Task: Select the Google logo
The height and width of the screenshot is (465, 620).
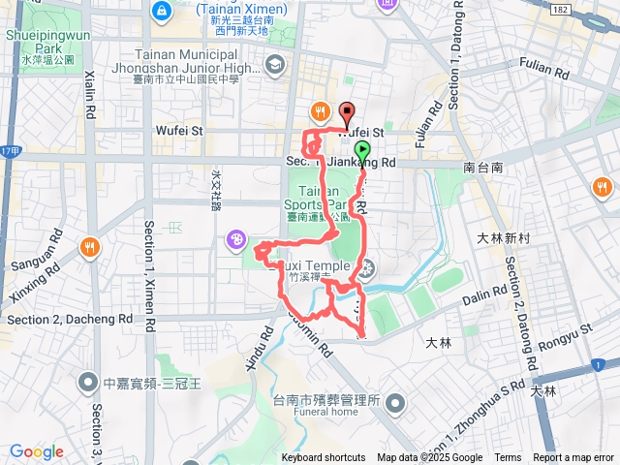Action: click(37, 451)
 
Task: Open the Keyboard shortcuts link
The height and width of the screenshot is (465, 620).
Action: click(324, 458)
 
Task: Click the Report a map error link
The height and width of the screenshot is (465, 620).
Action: click(574, 458)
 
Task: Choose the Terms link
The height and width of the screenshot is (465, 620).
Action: click(508, 458)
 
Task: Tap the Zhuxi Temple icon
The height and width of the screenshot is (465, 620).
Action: click(367, 269)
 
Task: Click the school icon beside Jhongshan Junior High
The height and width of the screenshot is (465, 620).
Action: click(275, 65)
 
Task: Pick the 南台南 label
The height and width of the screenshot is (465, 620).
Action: click(482, 168)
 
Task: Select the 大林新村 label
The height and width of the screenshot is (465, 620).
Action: click(500, 237)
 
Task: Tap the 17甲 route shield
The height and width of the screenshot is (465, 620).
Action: click(10, 152)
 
